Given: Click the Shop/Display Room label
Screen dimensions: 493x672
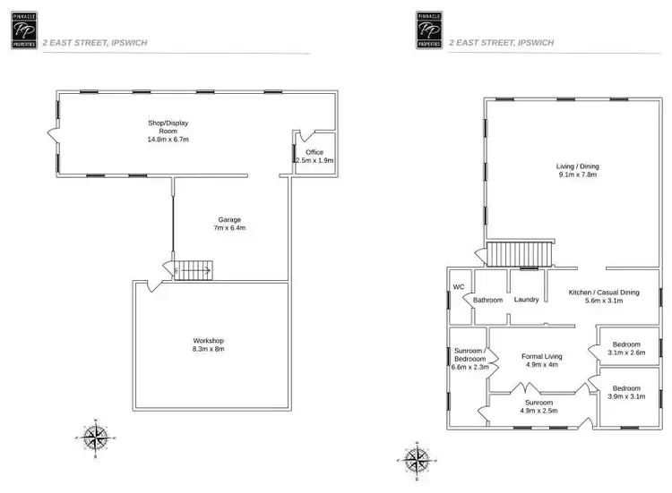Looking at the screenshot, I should [168, 131].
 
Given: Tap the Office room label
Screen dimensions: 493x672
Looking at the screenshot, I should [314, 156].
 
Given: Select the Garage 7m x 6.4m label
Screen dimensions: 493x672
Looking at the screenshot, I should [229, 224].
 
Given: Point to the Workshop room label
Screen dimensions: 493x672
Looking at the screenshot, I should [208, 344].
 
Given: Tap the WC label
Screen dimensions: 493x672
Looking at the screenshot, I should [458, 287].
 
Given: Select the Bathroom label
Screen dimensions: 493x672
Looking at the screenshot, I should [487, 300].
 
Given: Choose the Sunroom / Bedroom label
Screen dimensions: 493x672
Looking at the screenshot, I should [470, 358].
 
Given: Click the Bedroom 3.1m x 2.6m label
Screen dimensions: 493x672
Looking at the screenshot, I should [625, 348].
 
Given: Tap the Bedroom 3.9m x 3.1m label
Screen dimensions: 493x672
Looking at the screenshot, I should [625, 392].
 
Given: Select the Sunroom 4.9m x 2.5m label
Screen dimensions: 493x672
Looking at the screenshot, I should [539, 407].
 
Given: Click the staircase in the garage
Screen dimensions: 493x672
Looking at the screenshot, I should [194, 268].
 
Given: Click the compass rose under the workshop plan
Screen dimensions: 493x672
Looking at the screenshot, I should [94, 436].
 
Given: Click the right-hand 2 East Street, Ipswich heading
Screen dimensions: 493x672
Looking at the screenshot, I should [501, 42].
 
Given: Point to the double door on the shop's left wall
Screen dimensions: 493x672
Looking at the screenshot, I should [52, 137].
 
